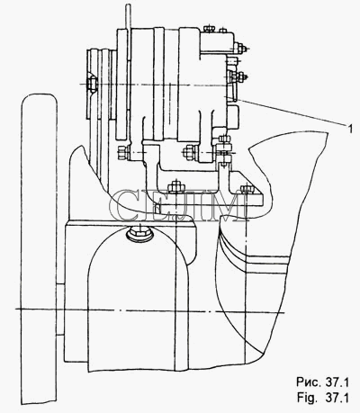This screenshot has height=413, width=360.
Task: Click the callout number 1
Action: click(x=349, y=129)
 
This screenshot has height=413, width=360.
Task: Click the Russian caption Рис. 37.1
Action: click(x=323, y=382)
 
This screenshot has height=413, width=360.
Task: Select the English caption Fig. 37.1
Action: click(x=323, y=398)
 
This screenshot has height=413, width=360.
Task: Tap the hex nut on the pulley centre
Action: click(x=92, y=84)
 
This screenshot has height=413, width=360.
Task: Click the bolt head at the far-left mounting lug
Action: click(x=123, y=153)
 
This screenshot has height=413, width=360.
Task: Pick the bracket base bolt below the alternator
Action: click(x=175, y=187)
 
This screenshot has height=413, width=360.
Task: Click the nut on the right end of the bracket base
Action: click(x=247, y=189)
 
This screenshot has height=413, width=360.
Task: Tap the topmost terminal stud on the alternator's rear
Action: click(x=240, y=48)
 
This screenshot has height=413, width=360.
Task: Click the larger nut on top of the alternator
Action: click(x=209, y=29)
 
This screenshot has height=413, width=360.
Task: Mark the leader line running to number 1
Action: click(x=291, y=112)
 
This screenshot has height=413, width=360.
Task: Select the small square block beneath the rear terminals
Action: click(x=233, y=116)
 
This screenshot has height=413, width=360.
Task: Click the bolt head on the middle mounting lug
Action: click(x=190, y=150)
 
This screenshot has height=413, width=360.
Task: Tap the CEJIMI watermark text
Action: click(x=179, y=205)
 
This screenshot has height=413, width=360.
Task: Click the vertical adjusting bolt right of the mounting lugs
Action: click(x=224, y=151)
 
